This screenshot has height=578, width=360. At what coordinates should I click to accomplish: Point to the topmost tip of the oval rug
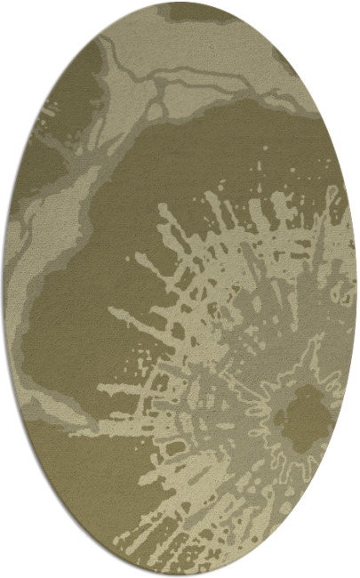[x=180, y=3]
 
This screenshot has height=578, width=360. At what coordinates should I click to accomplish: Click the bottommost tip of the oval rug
[x=180, y=575]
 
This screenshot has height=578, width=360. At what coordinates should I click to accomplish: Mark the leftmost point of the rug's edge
[x=4, y=289]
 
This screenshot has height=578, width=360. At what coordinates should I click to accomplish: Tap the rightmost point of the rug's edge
[x=356, y=289]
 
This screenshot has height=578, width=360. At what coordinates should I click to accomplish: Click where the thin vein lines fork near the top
[x=160, y=84]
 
